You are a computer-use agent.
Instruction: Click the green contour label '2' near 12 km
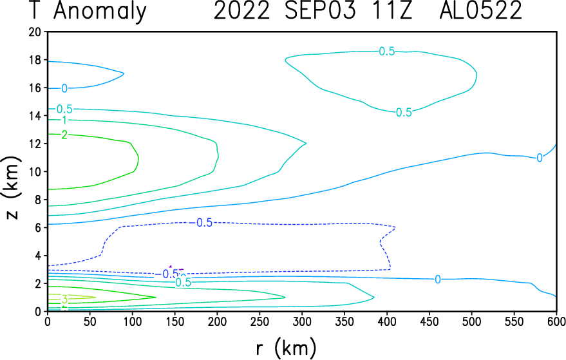tap(64, 135)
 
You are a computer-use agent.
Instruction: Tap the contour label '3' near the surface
tap(64, 299)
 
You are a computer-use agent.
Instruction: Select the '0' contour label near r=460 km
tap(437, 279)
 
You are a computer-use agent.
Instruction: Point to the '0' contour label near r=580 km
tap(540, 158)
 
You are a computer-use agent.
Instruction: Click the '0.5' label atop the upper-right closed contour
tap(386, 52)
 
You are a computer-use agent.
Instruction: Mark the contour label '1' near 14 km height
tap(64, 120)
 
